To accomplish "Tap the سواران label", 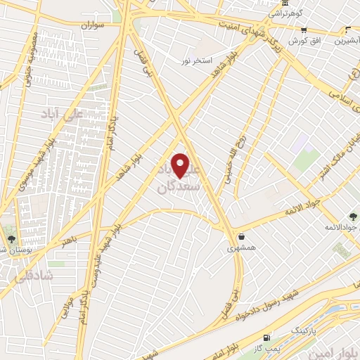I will click(x=91, y=25).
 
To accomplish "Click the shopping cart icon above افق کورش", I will click(x=304, y=30).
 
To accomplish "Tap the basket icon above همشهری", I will click(x=242, y=236).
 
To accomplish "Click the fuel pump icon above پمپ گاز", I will click(x=266, y=337).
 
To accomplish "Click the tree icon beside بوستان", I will click(x=9, y=230).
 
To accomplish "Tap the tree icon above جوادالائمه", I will click(x=352, y=217).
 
